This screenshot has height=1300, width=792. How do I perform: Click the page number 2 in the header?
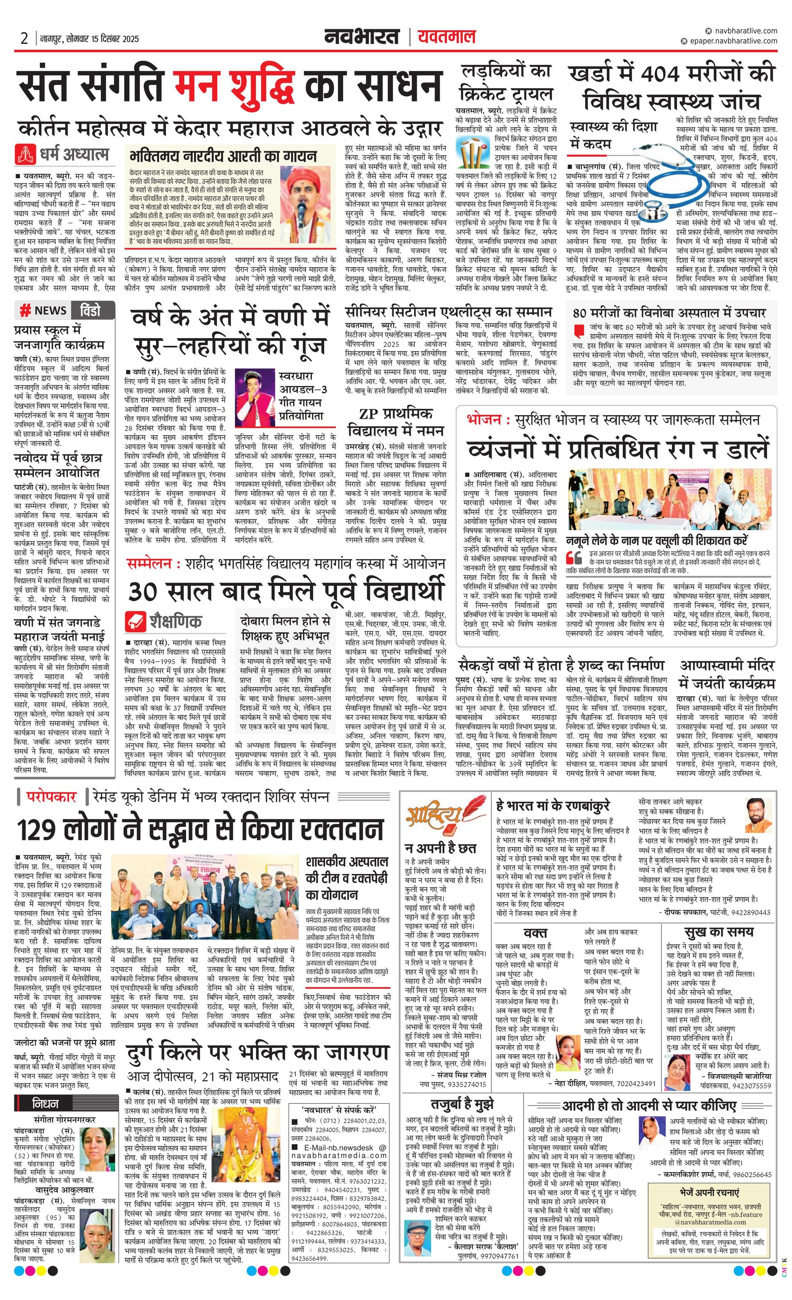(x=24, y=39)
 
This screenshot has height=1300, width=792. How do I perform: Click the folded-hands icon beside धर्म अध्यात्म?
(x=24, y=154)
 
